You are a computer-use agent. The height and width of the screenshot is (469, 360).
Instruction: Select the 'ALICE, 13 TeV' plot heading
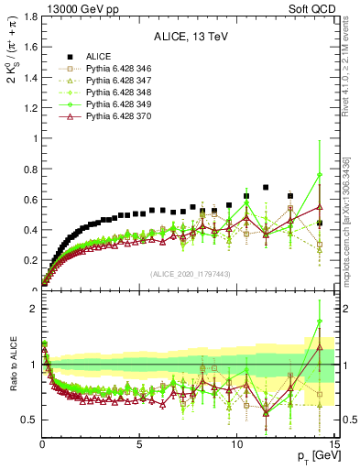point(190,37)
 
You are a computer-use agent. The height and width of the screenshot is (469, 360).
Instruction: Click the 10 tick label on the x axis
point(236,447)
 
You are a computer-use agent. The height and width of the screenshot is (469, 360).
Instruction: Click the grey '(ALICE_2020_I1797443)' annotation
point(190,274)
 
